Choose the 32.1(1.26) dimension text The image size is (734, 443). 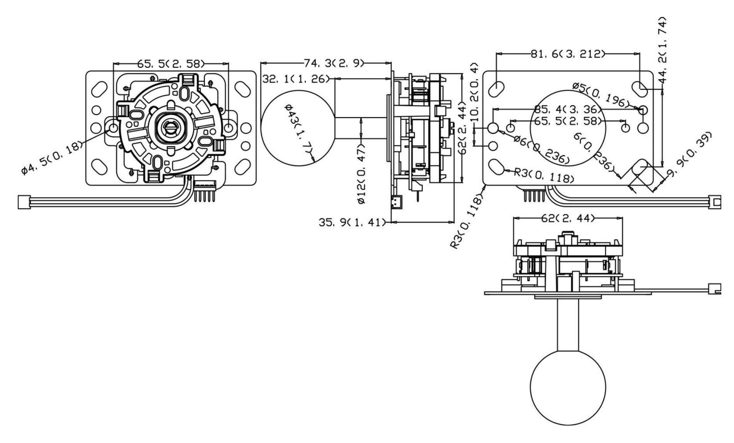pyautogui.click(x=296, y=79)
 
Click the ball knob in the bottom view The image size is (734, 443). pyautogui.click(x=567, y=387)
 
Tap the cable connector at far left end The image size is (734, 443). pyautogui.click(x=24, y=202)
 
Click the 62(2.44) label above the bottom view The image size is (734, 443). pyautogui.click(x=567, y=219)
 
